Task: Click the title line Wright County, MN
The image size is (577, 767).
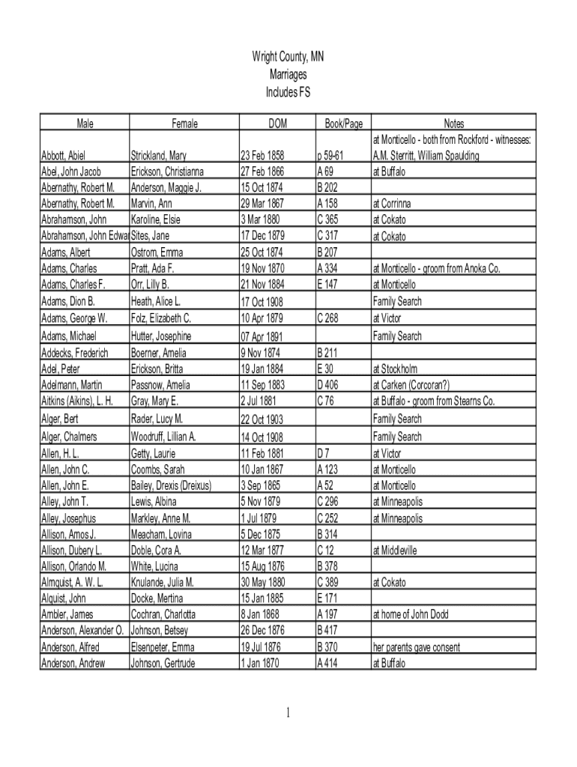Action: click(x=288, y=57)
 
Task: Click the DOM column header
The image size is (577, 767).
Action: click(x=277, y=124)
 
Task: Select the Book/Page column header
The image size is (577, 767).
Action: click(x=343, y=124)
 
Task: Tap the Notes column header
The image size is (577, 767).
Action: click(x=453, y=124)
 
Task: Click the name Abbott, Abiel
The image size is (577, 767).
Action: click(x=63, y=156)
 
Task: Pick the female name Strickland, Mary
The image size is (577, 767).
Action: click(x=159, y=156)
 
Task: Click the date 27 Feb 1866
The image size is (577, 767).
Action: click(x=262, y=172)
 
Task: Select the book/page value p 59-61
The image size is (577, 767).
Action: click(x=330, y=156)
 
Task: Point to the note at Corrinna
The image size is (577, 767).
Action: click(x=392, y=204)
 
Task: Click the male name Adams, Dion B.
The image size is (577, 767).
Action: click(x=68, y=301)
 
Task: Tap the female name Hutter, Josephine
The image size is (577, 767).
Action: click(x=161, y=336)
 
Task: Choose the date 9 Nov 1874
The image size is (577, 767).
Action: click(x=260, y=353)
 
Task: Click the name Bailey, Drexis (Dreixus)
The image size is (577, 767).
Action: click(x=171, y=485)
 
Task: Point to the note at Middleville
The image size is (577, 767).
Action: click(x=394, y=551)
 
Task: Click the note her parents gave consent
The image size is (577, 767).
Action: click(x=417, y=647)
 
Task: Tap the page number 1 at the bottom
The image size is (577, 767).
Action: click(x=288, y=713)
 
